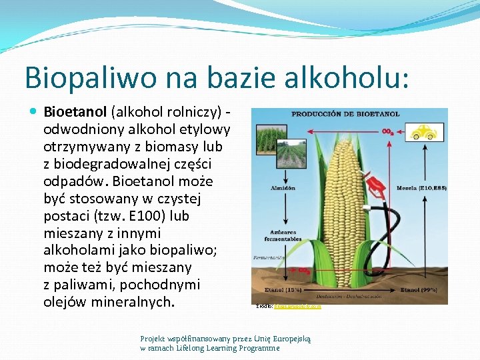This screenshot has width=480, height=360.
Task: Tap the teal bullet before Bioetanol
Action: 34,112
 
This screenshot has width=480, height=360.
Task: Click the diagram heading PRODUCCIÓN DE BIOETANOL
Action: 345,114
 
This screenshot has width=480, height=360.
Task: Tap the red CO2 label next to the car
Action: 387,132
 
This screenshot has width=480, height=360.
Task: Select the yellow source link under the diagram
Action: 297,307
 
